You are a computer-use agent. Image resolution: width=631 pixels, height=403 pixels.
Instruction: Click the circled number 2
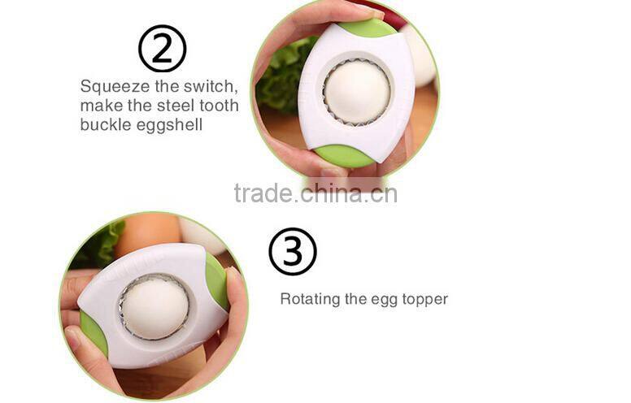pyautogui.click(x=162, y=48)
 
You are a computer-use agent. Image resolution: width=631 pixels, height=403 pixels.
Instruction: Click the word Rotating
pyautogui.click(x=309, y=299)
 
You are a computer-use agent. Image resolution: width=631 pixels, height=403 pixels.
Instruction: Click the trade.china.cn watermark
pyautogui.click(x=315, y=193)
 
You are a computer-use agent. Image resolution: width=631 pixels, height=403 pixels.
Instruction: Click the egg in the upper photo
pyautogui.click(x=357, y=92)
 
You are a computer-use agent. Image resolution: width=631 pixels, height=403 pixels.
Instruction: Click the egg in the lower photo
pyautogui.click(x=154, y=308)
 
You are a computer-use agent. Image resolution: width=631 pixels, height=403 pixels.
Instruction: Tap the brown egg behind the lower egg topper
pyautogui.click(x=147, y=232)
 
